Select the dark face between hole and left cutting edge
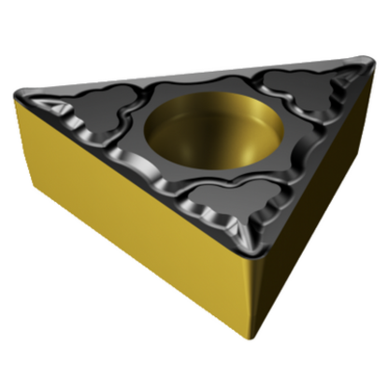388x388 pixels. tap(150, 150)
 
